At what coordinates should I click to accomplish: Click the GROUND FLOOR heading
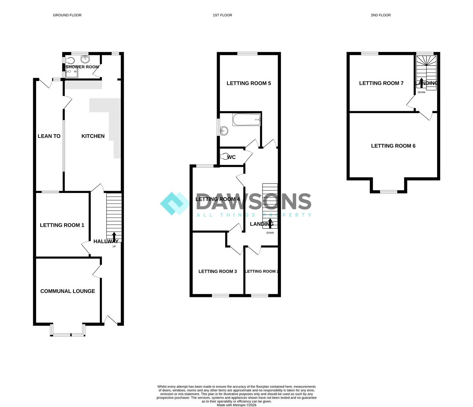coord(67,15)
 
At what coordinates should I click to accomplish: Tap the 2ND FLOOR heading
coord(381,15)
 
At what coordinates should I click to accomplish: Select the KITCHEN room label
coord(93,136)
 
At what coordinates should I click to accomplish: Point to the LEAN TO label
coord(49,136)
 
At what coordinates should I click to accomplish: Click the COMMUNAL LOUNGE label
coord(67,291)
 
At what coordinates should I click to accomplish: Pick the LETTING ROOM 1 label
coord(62,225)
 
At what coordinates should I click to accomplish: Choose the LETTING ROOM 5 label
coord(249,83)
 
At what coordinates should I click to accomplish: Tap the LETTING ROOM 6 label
coord(393,146)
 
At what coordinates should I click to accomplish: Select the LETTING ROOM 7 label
coord(381,83)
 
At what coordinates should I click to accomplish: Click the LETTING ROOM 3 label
coord(218,271)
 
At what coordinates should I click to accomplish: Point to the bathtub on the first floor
coord(247,119)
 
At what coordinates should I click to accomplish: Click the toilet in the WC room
coord(225,156)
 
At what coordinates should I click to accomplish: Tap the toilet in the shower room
coord(70,61)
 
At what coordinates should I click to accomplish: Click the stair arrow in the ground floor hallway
coord(114,237)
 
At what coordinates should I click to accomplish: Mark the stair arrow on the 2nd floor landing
coord(421,83)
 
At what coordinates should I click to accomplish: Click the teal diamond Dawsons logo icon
coord(175,203)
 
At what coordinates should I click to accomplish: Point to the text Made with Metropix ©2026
coord(236,405)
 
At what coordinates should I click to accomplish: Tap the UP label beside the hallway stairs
coord(114,246)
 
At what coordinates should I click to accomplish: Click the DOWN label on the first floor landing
coord(270,233)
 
